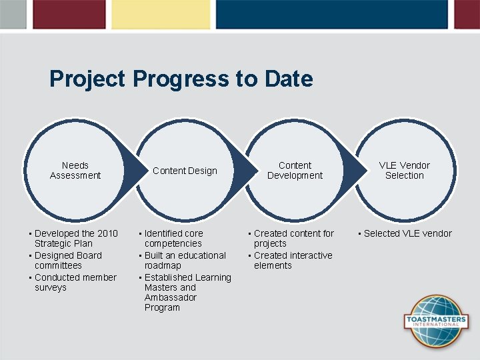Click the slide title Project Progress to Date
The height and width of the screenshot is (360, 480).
coord(181,79)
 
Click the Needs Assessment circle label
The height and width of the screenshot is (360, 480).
coord(75,171)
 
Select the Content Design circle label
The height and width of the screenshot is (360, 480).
coord(185,171)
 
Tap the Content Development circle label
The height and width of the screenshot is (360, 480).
coord(295,171)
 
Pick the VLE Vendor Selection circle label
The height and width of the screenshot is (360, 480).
coord(405,171)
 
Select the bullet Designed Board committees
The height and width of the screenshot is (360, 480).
coord(67,261)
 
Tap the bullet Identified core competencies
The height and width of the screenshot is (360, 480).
coord(173,239)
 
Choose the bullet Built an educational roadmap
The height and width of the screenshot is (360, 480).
coord(184,261)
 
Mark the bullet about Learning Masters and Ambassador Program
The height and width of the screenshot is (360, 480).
coord(187,293)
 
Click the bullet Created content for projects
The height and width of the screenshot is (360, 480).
coord(293,239)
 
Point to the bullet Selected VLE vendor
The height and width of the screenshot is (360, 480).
coord(407,233)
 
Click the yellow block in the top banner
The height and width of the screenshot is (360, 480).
coord(160,14)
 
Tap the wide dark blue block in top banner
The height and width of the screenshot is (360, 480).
coord(331,14)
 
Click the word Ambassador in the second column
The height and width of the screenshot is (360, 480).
coord(170,297)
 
